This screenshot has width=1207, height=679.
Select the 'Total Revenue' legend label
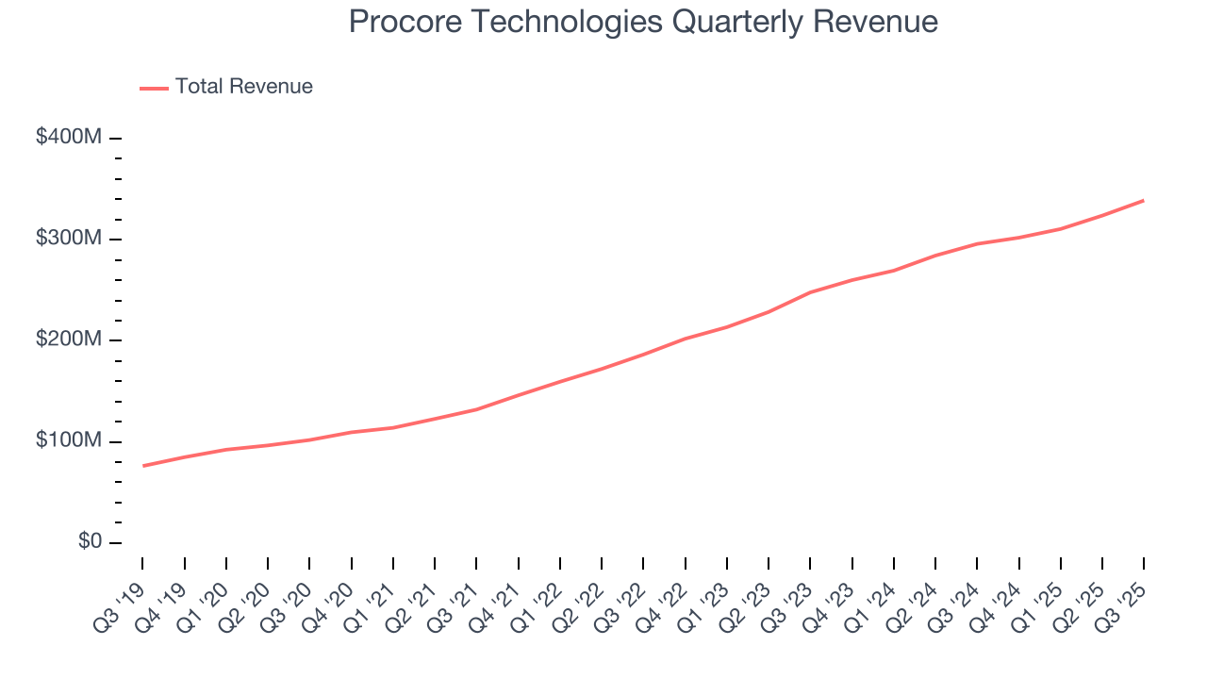pos(243,87)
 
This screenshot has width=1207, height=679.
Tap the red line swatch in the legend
pos(154,88)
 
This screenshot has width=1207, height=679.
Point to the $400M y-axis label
pos(68,138)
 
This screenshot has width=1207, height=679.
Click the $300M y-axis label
pos(68,239)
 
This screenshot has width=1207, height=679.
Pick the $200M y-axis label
pos(68,339)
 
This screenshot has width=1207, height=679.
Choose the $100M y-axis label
pos(68,441)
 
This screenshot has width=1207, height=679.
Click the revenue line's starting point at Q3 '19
pos(143,466)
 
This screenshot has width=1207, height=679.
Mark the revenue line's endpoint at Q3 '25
pos(1144,200)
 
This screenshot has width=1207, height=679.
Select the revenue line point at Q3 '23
pos(810,292)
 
